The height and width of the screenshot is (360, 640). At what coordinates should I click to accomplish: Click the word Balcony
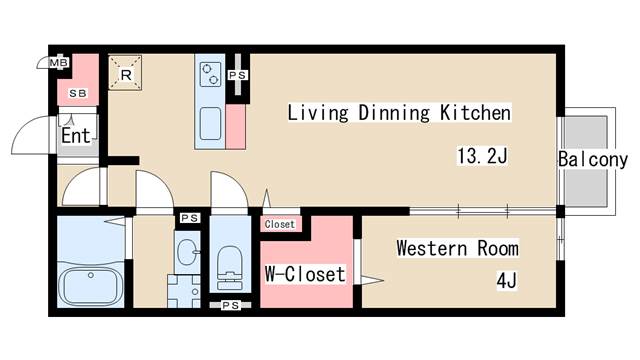pyautogui.click(x=593, y=159)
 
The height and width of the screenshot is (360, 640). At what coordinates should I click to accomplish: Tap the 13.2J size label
pyautogui.click(x=482, y=156)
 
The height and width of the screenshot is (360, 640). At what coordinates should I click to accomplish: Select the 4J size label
pyautogui.click(x=507, y=280)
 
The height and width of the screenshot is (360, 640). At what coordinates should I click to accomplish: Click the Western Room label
pyautogui.click(x=458, y=248)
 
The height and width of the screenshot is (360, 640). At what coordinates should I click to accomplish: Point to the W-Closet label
pyautogui.click(x=305, y=274)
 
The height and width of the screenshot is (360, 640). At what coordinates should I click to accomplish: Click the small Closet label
pyautogui.click(x=280, y=224)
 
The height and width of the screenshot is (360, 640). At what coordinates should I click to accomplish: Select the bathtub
pyautogui.click(x=91, y=287)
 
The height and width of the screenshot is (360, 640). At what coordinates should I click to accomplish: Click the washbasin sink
pyautogui.click(x=187, y=252)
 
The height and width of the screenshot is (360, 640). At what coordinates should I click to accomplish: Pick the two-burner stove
pyautogui.click(x=210, y=74)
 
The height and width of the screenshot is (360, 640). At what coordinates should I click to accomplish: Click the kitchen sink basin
pyautogui.click(x=211, y=123)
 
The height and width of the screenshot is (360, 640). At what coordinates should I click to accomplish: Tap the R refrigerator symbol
pyautogui.click(x=125, y=73)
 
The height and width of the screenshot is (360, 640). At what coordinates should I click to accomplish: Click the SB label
pyautogui.click(x=78, y=93)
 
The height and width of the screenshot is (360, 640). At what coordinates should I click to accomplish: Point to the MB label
pyautogui.click(x=59, y=63)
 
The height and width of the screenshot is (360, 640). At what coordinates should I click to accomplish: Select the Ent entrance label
pyautogui.click(x=76, y=136)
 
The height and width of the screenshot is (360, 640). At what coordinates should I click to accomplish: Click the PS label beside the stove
pyautogui.click(x=238, y=76)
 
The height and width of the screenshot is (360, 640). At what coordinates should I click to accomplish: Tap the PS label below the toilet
pyautogui.click(x=231, y=305)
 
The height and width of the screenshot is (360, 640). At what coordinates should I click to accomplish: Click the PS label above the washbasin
pyautogui.click(x=190, y=218)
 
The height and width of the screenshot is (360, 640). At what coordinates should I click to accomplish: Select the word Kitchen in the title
pyautogui.click(x=475, y=113)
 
